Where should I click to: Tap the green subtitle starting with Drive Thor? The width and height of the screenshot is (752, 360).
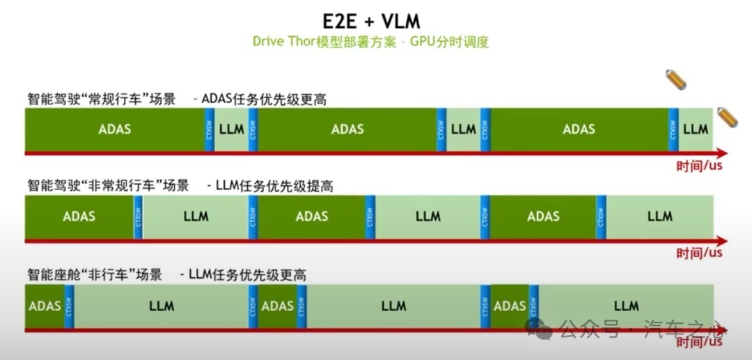coord(370,42)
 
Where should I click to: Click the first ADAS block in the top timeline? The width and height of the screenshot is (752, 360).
coord(115,129)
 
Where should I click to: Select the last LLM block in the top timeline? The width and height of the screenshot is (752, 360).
coord(696,129)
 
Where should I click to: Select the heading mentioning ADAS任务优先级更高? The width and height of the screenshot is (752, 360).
coord(177,99)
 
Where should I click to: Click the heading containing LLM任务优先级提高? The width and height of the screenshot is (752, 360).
coord(180,186)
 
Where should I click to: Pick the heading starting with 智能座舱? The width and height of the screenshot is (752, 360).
coord(166,275)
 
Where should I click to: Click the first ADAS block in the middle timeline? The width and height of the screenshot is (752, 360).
coord(79,216)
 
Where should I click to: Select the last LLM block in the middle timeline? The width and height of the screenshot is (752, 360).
coord(659,216)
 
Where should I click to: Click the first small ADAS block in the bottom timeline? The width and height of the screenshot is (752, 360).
coord(45,306)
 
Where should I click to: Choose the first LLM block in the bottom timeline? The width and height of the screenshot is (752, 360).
coord(162,306)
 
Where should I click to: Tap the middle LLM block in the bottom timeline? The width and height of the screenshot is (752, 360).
coord(393,306)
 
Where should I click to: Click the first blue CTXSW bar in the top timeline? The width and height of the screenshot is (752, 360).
coord(209,129)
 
